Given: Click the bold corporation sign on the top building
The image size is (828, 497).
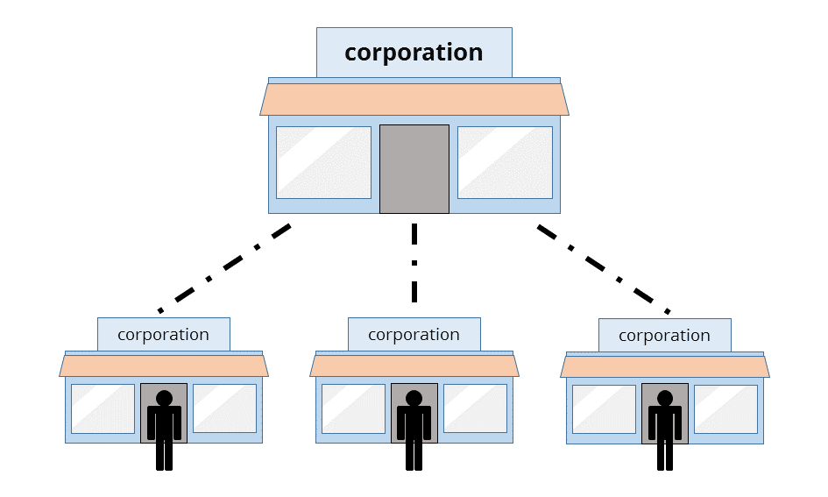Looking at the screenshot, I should point(414,53).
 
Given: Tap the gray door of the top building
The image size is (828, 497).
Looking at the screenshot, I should point(414,168).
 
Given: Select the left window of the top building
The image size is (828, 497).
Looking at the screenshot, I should point(323,162).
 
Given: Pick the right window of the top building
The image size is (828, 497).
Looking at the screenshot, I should point(505,162).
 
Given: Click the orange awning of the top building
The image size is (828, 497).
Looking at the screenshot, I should point(414,99).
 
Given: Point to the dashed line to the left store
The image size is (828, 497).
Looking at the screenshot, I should point(224,268).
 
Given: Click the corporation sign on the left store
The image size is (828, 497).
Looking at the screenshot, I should point(163,335).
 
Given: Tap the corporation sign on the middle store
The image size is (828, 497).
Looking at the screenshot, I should point(414,335).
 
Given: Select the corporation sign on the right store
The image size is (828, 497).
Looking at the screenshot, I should point(664,336).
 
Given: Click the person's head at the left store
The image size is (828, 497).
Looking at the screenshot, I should point(164,399).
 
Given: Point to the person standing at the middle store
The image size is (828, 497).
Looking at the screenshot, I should point(414,430).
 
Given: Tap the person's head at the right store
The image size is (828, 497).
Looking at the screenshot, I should point(665,399).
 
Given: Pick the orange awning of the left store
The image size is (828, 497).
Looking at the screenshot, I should point(164,366).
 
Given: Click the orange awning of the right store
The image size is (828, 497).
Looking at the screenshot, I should point(665,366).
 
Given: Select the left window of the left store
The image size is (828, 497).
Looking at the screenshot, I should point(103,408).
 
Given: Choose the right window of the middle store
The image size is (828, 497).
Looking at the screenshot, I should point(475,408).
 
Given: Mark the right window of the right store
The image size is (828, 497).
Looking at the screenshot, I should point(725,409).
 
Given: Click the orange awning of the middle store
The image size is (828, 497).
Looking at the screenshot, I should point(414,366).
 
